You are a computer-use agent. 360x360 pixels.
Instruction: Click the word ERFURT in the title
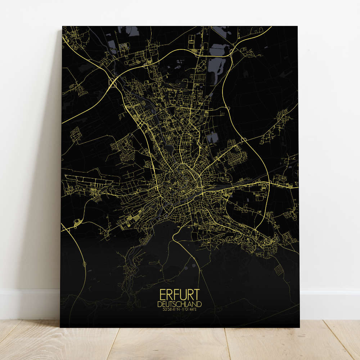click(x=179, y=295)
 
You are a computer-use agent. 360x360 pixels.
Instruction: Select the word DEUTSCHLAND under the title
click(x=179, y=304)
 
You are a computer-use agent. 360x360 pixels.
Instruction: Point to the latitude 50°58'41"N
click(x=171, y=309)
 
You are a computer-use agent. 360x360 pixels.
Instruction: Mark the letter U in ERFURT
click(x=182, y=295)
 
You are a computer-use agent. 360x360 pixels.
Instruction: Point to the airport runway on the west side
click(x=90, y=178)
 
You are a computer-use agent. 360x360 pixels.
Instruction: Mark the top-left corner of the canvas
click(x=63, y=27)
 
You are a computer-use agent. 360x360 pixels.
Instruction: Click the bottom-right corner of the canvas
click(x=299, y=327)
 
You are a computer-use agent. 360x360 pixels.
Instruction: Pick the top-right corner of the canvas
click(x=297, y=27)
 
